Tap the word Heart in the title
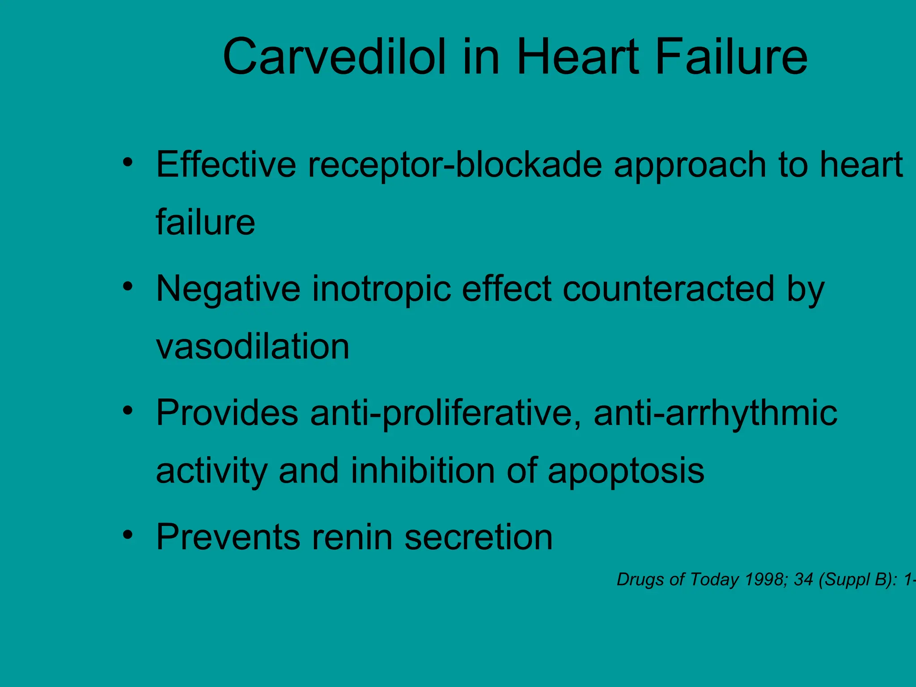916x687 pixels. click(577, 57)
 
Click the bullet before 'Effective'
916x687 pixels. click(128, 162)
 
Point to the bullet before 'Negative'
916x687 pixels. click(128, 286)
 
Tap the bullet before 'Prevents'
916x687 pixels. click(128, 534)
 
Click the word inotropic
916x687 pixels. click(381, 289)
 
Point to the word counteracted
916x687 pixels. click(668, 289)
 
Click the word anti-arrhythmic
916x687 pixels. click(715, 413)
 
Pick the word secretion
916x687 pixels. click(479, 537)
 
